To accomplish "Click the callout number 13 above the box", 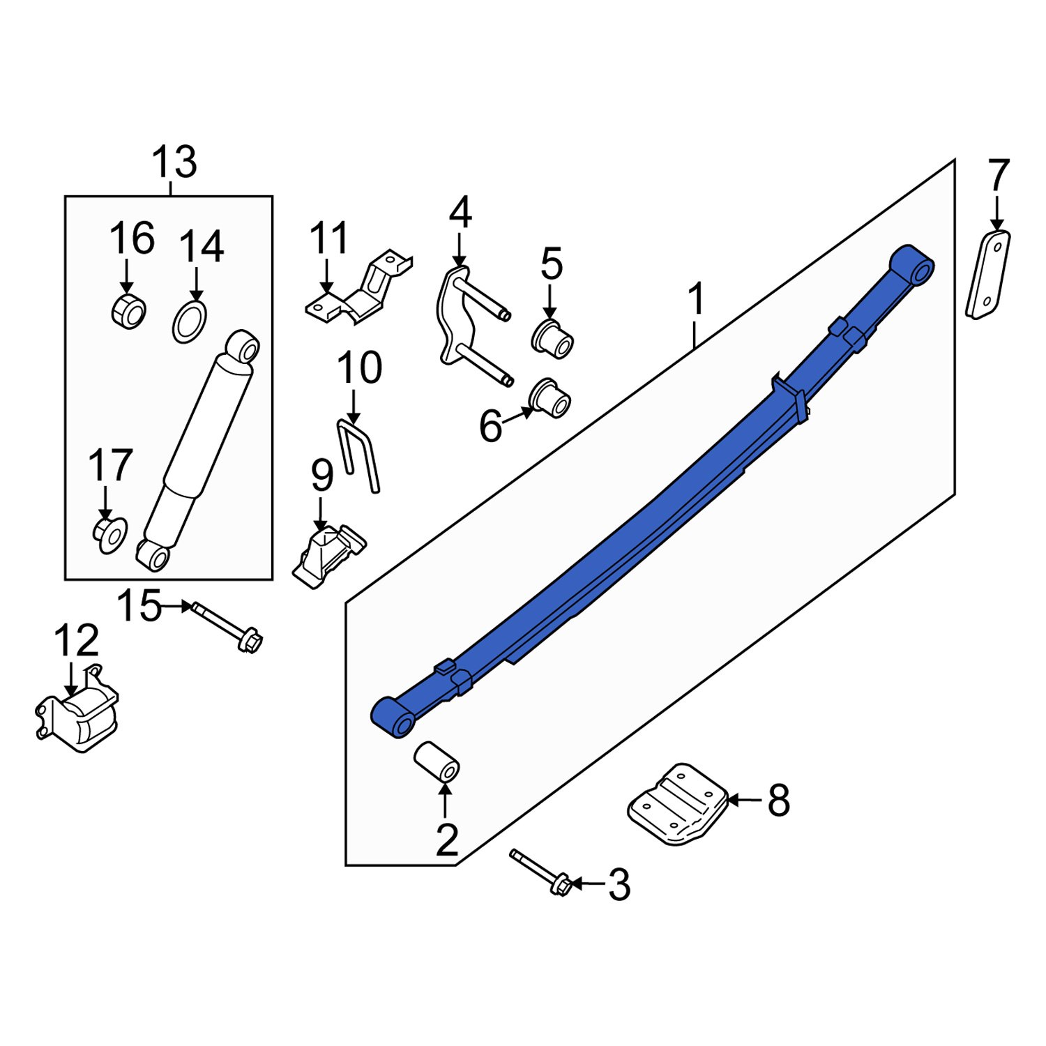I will tap(174, 162).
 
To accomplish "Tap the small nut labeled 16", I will tap(128, 311).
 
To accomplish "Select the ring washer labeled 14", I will tap(190, 322).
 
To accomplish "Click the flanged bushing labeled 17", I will tap(109, 535).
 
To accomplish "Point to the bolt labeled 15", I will tap(226, 627).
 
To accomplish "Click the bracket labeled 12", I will tap(78, 718).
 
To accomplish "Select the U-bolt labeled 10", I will tap(360, 455).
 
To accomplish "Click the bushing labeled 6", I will tap(550, 399).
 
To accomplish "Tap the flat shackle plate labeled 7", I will tap(988, 275).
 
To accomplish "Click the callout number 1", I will tap(696, 300).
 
